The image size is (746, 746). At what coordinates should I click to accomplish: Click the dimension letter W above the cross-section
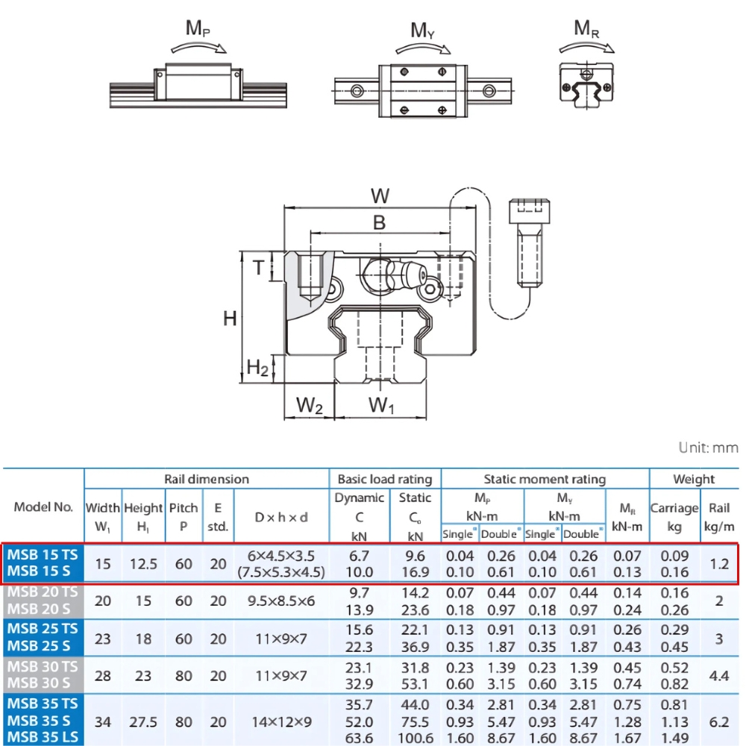point(380,197)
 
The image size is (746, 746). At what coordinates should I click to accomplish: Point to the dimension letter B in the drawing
point(379,222)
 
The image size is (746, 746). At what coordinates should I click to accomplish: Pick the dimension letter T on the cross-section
point(258,267)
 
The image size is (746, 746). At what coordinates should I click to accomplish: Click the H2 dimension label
point(257,367)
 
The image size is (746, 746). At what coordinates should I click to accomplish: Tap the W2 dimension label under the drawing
point(310,406)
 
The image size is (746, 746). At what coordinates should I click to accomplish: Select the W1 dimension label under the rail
point(382,406)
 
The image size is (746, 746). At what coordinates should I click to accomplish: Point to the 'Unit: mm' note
point(708,448)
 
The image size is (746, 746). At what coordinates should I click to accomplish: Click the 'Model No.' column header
point(43,507)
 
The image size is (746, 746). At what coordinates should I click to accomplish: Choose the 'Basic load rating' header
point(385,479)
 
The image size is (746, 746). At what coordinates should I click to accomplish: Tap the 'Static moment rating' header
point(545,479)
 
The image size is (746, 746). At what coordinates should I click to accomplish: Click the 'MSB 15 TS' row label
point(43,555)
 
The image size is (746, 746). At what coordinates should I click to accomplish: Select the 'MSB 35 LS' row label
point(43,738)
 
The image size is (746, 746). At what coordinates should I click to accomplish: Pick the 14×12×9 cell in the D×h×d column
point(280,721)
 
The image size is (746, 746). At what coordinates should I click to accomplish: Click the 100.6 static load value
point(416,738)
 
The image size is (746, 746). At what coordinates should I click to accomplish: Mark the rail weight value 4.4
point(719,675)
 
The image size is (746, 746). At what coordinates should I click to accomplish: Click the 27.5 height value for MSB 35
point(143,721)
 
